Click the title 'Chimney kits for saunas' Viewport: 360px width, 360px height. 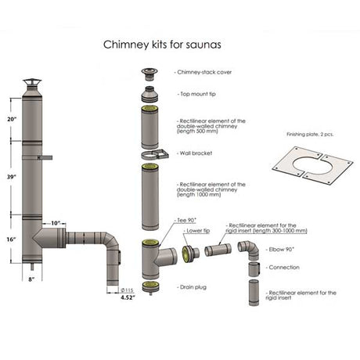click(157, 45)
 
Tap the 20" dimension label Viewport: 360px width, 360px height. click(10, 120)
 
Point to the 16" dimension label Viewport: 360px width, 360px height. click(10, 239)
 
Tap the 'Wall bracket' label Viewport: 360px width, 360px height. click(198, 154)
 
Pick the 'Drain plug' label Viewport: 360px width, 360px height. click(194, 287)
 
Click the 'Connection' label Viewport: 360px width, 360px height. click(283, 267)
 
